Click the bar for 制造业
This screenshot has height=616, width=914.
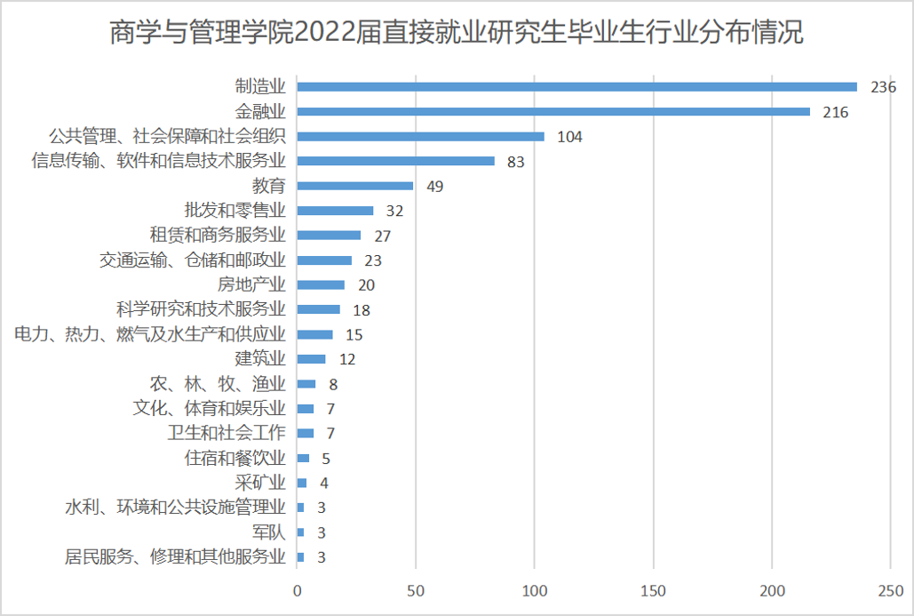point(576,87)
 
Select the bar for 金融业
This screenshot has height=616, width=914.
point(553,112)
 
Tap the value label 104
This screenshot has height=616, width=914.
point(569,137)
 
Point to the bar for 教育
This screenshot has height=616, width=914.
point(355,186)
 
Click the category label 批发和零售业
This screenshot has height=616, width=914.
point(234,211)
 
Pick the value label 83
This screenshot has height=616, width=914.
point(516,162)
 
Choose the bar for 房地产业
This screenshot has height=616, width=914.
point(321,284)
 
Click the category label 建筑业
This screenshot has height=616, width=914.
point(260,359)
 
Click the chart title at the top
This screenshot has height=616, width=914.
point(457,34)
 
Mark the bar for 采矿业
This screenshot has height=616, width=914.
point(302,483)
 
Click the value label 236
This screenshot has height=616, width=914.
point(883,87)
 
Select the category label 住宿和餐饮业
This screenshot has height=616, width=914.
point(234,459)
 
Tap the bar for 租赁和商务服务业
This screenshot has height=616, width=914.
point(329,236)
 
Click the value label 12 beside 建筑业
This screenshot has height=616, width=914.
point(347,360)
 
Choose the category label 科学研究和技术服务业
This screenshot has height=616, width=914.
point(201,309)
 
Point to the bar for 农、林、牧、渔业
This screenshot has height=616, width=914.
point(306,384)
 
